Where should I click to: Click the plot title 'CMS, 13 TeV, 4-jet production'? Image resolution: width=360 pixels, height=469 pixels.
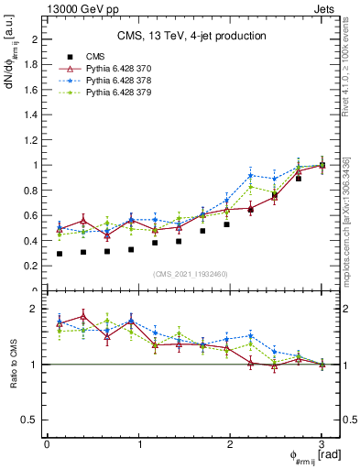[191, 36]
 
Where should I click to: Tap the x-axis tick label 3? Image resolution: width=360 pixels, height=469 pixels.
[322, 444]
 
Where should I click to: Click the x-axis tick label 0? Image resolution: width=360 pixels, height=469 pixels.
[47, 444]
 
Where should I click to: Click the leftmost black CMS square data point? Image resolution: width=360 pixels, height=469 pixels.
[60, 254]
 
